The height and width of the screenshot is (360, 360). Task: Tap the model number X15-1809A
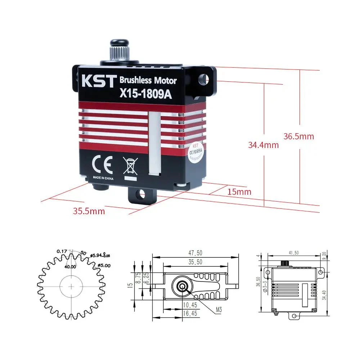[146, 94]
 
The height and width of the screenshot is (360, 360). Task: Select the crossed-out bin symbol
[130, 166]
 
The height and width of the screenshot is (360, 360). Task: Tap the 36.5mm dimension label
[298, 136]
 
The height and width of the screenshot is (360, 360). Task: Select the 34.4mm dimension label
[263, 145]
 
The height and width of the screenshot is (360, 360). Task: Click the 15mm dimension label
[239, 192]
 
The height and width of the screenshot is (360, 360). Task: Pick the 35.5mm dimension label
[89, 211]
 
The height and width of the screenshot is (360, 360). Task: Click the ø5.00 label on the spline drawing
[104, 265]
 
